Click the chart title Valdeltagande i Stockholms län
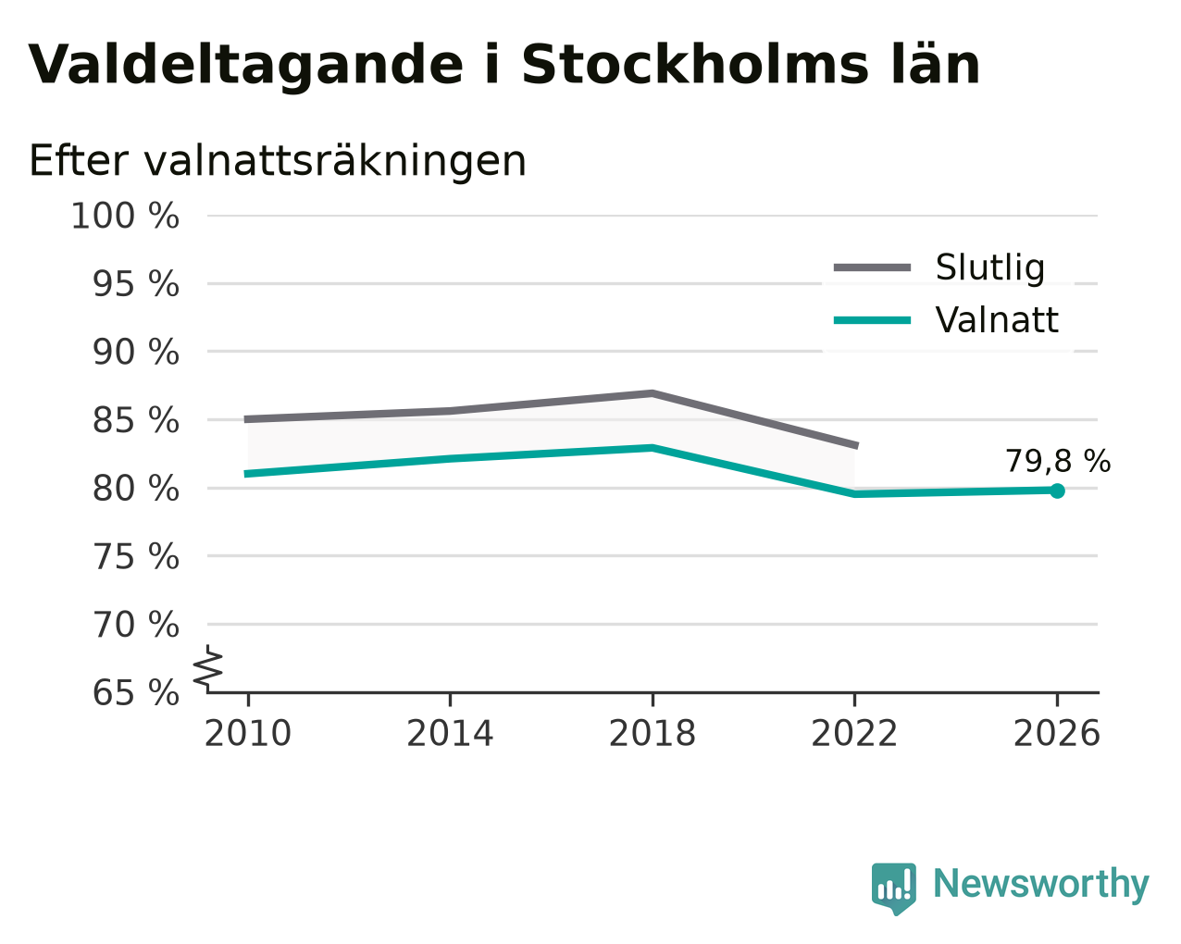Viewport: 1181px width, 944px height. (x=503, y=66)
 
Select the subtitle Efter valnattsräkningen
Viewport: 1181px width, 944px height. (x=278, y=161)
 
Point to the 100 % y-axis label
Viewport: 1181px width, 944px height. (x=125, y=216)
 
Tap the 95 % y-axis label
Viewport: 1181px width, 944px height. (x=135, y=284)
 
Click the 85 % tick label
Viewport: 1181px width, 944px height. (x=135, y=421)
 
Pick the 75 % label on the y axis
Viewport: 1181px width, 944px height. (x=135, y=557)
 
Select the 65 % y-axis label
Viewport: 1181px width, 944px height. (x=135, y=693)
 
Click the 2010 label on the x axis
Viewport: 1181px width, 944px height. (x=247, y=734)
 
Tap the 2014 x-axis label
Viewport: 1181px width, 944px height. (x=450, y=734)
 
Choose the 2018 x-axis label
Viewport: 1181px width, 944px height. (x=652, y=734)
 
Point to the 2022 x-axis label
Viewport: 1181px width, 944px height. (x=854, y=734)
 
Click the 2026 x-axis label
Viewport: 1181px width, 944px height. (x=1056, y=734)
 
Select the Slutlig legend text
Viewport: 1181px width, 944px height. (x=990, y=267)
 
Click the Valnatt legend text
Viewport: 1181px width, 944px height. (x=997, y=320)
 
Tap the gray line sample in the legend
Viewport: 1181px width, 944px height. (x=872, y=267)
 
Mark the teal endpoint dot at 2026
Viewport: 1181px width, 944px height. (x=1057, y=491)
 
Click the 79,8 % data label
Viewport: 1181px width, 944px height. (x=1058, y=461)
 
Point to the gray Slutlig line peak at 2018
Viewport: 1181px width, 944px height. (x=652, y=393)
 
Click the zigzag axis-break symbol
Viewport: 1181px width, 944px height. (x=208, y=668)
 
